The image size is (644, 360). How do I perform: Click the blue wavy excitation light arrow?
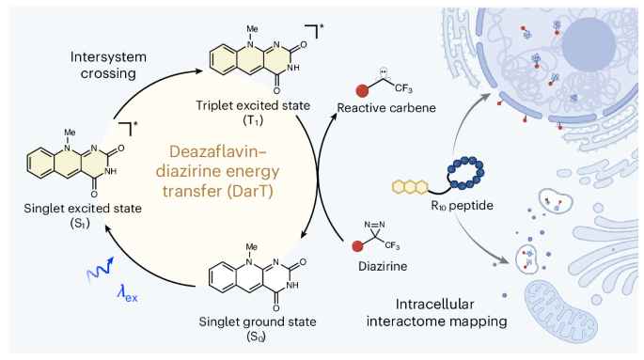(x=100, y=270)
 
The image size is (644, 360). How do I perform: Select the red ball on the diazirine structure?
(x=357, y=246)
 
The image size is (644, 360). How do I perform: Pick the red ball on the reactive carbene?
(x=362, y=91)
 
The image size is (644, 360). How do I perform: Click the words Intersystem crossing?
(x=108, y=65)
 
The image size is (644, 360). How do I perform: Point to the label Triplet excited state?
(x=253, y=105)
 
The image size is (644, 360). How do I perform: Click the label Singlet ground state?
(x=258, y=321)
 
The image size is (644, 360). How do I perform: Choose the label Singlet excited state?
(x=83, y=208)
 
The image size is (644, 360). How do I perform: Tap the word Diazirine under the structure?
(x=383, y=266)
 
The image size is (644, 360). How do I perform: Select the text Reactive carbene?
(x=386, y=107)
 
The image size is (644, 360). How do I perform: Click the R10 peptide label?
(x=462, y=205)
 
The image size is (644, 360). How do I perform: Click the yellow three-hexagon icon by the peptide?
(x=410, y=187)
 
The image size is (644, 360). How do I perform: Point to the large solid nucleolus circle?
(x=589, y=44)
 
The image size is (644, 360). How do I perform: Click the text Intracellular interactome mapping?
(x=436, y=312)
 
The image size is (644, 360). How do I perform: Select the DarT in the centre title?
(x=251, y=192)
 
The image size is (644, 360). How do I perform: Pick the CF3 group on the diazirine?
(x=392, y=245)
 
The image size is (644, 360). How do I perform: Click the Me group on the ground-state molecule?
(x=251, y=246)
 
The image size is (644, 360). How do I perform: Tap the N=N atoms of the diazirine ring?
(x=374, y=225)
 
